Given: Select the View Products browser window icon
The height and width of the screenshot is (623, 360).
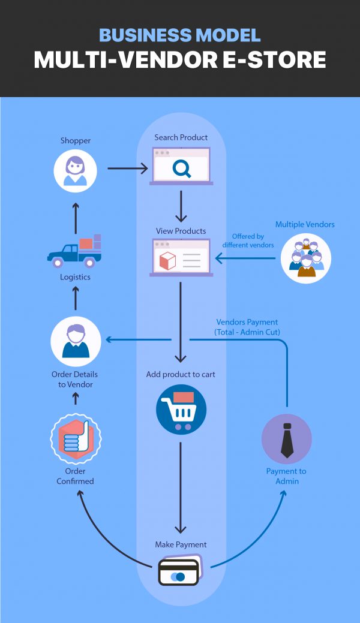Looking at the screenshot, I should point(181,258).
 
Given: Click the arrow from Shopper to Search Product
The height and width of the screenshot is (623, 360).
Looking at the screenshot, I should point(127,168).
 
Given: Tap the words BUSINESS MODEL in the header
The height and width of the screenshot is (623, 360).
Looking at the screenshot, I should point(180,35).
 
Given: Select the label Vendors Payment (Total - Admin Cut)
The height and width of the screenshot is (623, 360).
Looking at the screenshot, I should point(247,327).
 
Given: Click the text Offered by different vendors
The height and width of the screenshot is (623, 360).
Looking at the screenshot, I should point(248,240).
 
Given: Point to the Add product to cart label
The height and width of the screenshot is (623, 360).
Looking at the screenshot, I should point(181,374).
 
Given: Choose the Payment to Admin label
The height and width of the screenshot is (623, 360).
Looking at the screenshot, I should point(287,476).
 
